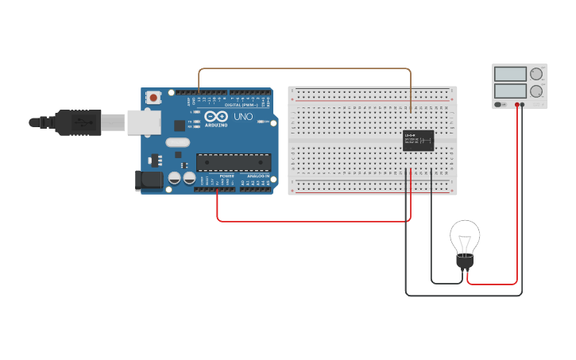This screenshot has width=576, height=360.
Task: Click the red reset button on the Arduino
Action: [x=153, y=98]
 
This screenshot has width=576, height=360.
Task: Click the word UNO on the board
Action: [x=243, y=117]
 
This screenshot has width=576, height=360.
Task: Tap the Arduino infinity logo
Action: [x=215, y=116]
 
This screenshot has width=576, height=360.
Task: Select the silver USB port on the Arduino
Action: [x=144, y=122]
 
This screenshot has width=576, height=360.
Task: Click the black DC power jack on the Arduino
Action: [x=149, y=181]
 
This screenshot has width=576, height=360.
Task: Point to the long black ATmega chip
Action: [x=234, y=162]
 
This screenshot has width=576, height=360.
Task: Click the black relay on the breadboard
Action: [x=418, y=140]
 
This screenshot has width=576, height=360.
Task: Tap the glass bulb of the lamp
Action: [x=465, y=236]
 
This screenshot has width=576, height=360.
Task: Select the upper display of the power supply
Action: [x=510, y=74]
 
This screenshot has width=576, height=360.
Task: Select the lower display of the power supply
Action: [x=510, y=91]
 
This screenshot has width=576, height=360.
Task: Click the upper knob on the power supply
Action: [x=536, y=74]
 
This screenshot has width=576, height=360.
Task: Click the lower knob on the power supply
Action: [x=536, y=91]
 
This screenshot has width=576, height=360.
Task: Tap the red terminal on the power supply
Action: [x=517, y=104]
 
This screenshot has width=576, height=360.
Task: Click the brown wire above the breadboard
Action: [x=306, y=69]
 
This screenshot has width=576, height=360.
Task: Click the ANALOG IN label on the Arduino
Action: [x=258, y=176]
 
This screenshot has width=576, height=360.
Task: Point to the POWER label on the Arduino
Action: [x=226, y=176]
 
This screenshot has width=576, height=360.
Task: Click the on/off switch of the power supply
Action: [x=500, y=104]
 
